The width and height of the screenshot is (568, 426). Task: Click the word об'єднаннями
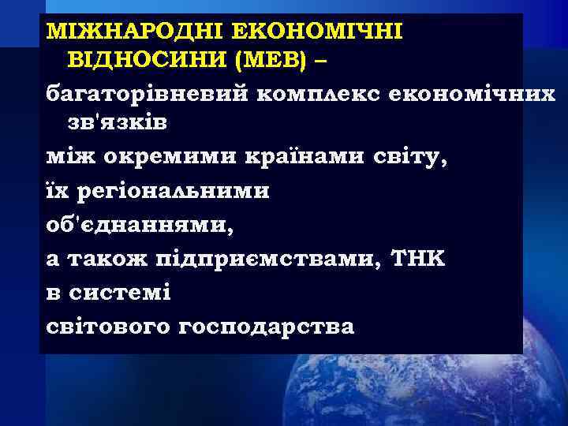tap(140, 226)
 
